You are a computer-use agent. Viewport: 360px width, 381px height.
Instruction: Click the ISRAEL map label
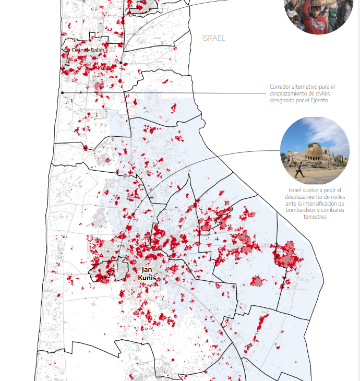click(x=214, y=38)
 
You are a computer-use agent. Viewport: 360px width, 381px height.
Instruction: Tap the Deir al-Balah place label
click(x=88, y=50)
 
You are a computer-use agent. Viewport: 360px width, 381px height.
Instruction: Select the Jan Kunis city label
click(x=147, y=273)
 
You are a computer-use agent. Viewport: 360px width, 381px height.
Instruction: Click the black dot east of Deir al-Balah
click(x=121, y=63)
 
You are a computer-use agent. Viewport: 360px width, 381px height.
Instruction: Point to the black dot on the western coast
click(x=62, y=92)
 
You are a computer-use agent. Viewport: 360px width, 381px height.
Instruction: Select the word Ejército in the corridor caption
click(x=317, y=100)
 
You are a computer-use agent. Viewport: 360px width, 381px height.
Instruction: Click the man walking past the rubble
click(x=300, y=170)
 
